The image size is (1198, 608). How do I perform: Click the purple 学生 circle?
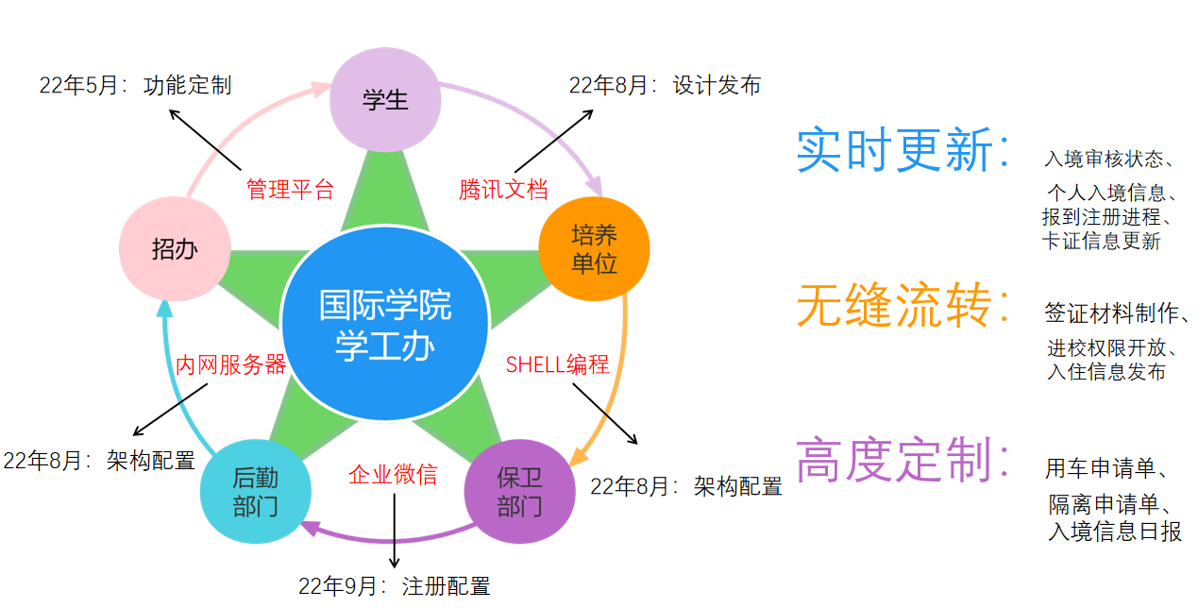[385, 99]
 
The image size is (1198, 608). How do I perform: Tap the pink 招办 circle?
[175, 249]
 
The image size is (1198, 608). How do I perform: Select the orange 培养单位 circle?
[594, 248]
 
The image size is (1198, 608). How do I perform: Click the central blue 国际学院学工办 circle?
[385, 327]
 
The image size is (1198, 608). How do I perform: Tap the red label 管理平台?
[290, 189]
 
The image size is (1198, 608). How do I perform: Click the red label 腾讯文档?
[503, 189]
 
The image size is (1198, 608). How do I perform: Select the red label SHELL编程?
[557, 364]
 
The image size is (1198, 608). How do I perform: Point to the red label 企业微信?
[393, 474]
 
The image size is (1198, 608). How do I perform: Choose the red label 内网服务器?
[230, 364]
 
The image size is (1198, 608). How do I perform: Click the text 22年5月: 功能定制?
[135, 85]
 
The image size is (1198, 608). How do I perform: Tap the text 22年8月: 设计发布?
[665, 85]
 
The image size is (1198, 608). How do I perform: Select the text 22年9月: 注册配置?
[395, 586]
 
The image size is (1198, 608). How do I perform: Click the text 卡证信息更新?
[1101, 241]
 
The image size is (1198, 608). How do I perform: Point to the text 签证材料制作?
[1117, 312]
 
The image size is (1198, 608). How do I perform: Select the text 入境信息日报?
[1115, 532]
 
